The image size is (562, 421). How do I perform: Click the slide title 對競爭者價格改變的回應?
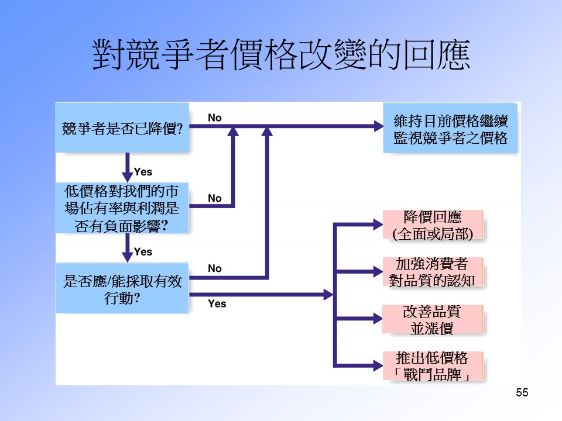click(x=281, y=56)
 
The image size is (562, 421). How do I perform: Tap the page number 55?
click(x=522, y=393)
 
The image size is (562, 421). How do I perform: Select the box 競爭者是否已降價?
click(x=122, y=128)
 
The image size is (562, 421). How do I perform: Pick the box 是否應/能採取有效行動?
click(x=122, y=288)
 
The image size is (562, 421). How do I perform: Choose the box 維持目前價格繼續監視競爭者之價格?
click(x=450, y=129)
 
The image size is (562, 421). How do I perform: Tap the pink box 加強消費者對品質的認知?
click(x=433, y=272)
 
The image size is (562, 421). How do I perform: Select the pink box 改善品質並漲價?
click(x=433, y=319)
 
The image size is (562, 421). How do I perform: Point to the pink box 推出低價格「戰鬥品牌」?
click(x=433, y=366)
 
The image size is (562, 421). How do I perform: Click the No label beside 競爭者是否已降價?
click(x=215, y=118)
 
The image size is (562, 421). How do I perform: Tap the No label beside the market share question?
click(x=215, y=198)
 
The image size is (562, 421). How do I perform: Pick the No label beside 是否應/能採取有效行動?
click(x=215, y=268)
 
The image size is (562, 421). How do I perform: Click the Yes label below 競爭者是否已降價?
click(x=143, y=172)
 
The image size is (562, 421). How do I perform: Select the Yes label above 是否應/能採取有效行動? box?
click(x=143, y=252)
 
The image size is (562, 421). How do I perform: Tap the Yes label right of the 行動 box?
click(x=217, y=304)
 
